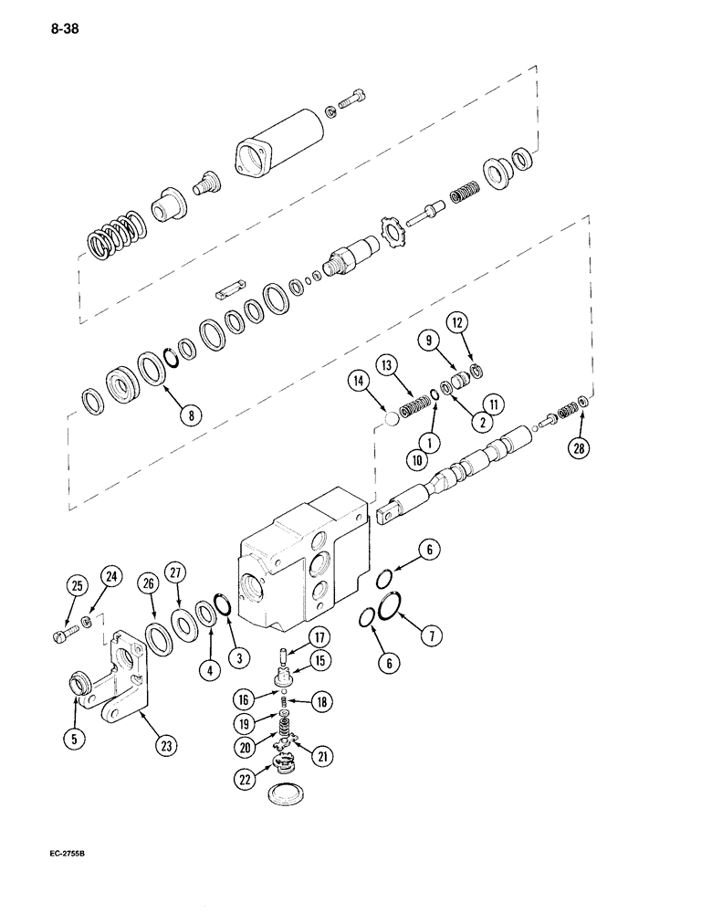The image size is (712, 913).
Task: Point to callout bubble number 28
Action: pyautogui.click(x=578, y=446)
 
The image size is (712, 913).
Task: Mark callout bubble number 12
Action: pyautogui.click(x=456, y=322)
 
